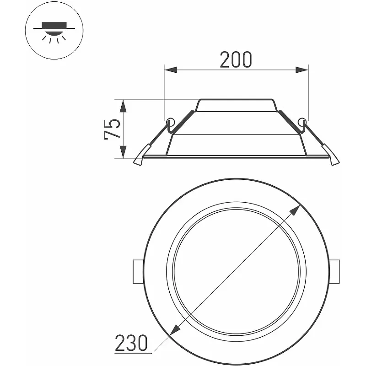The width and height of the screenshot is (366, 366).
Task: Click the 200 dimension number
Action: [x=236, y=60]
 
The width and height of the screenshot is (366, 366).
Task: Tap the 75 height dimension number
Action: [x=112, y=129]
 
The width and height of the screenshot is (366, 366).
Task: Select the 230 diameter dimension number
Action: [x=131, y=343]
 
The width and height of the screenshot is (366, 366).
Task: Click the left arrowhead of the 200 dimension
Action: [x=171, y=70]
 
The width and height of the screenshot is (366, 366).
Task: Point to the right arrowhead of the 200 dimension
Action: [x=302, y=70]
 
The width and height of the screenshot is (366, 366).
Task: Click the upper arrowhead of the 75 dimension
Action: [x=123, y=106]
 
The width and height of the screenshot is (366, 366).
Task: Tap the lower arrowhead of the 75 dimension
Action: [x=123, y=152]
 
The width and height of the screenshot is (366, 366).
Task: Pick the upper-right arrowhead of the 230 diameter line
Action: [x=295, y=210]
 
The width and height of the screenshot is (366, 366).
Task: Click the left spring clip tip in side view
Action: [x=138, y=161]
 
